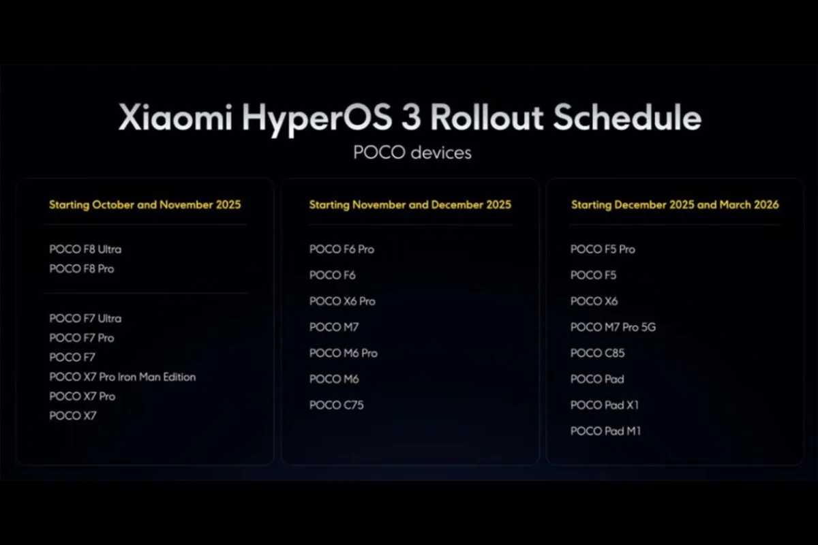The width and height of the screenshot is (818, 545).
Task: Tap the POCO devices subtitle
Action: point(412,152)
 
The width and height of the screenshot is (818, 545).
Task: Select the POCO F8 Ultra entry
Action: point(85,249)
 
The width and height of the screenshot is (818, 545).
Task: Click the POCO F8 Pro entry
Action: point(82,269)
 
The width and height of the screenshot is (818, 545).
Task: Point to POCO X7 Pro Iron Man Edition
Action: point(123,377)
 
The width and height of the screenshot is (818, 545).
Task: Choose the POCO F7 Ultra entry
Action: point(85,318)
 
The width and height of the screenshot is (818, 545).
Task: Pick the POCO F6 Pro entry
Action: point(342,249)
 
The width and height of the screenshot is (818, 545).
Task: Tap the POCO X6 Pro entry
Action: point(342,301)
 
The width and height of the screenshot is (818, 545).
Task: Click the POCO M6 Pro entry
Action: point(343,353)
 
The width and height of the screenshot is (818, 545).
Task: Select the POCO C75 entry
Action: point(336,405)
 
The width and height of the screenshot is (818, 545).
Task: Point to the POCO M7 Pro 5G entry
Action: point(613,327)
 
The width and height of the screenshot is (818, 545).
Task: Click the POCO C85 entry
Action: point(597,353)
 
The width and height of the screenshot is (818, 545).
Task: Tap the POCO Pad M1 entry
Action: point(605,431)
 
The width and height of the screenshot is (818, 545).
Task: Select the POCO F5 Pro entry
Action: point(603,249)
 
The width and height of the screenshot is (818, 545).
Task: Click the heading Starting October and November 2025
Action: point(145,204)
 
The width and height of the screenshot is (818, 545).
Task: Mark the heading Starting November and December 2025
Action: point(410,204)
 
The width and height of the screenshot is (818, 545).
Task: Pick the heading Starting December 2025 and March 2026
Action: point(675,204)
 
